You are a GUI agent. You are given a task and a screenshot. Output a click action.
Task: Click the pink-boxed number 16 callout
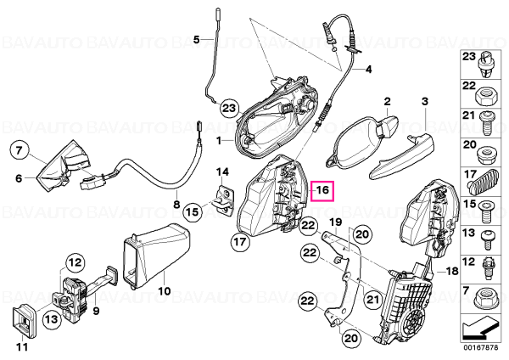[x=322, y=191]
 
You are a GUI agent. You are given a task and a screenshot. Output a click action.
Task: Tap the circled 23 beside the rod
[x=229, y=108]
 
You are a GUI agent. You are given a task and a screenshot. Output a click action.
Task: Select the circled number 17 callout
[x=241, y=241]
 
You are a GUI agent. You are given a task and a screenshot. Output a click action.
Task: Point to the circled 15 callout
[x=193, y=212]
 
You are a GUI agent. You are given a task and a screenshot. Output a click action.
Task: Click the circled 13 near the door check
[x=51, y=319]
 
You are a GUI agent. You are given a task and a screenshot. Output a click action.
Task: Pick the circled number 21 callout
[x=372, y=299]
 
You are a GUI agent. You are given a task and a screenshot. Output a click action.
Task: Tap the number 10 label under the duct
[x=164, y=290]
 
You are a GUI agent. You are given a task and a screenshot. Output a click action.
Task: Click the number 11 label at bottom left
[x=22, y=347]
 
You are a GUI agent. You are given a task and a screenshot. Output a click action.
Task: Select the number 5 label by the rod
[x=197, y=40]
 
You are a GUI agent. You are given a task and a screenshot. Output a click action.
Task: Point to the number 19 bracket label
[x=336, y=222]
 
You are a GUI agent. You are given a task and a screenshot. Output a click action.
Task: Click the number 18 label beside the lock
[x=451, y=271]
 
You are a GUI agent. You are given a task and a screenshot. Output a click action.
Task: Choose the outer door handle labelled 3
[x=401, y=155]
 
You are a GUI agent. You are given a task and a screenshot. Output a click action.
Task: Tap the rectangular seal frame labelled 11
[x=24, y=321]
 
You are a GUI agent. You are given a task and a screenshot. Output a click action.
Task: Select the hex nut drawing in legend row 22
[x=485, y=96]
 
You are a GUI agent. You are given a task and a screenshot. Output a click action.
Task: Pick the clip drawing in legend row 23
[x=485, y=65]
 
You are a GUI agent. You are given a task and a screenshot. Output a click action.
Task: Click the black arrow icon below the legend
[x=480, y=329]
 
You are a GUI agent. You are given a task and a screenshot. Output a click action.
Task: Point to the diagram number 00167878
[x=480, y=347]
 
